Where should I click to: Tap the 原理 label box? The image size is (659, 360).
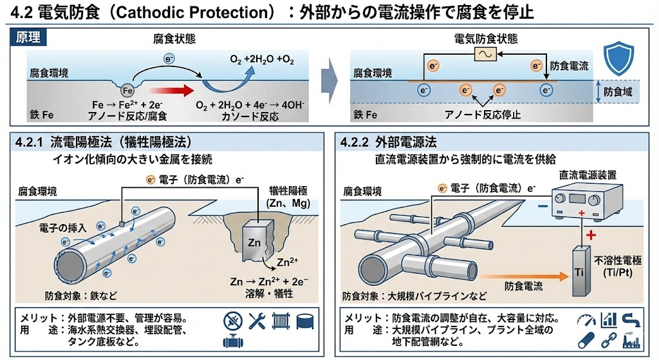[x=28, y=38]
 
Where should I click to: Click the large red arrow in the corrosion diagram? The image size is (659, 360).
[x=169, y=91]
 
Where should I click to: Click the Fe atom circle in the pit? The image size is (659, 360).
[x=127, y=91]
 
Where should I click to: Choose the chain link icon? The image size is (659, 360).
[x=608, y=339]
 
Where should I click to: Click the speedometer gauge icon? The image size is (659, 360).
[x=587, y=319]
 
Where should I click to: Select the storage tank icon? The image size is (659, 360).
[x=303, y=320]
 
